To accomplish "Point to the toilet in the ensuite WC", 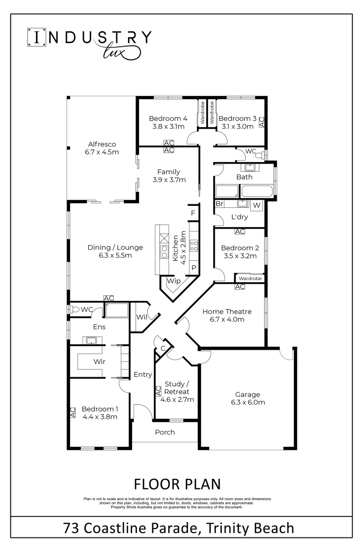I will (75, 309).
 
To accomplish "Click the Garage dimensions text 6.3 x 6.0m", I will (247, 403).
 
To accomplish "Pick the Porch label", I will (165, 432).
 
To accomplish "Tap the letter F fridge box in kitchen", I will (193, 213).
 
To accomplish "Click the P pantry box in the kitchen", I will (193, 268).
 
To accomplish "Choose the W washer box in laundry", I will (256, 205).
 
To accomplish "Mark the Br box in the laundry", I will (220, 204).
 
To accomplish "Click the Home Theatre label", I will (227, 311).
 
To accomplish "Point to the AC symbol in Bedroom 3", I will (262, 122).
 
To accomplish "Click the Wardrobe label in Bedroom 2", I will (250, 279).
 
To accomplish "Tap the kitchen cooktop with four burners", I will (194, 246).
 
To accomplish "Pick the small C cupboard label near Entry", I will (163, 348).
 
